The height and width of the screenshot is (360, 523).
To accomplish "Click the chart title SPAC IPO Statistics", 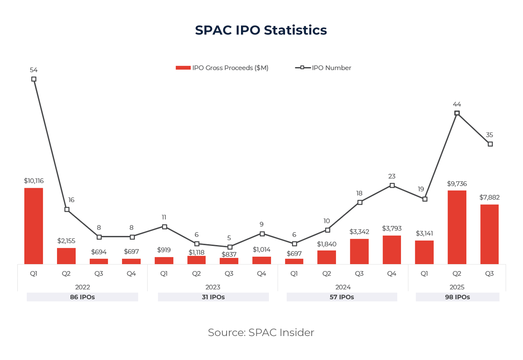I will pos(261,30).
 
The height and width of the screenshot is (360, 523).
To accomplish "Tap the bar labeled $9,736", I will pos(457,227).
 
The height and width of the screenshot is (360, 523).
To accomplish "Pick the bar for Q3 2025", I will pos(489,234).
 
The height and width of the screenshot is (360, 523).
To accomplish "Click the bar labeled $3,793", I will pos(392,250).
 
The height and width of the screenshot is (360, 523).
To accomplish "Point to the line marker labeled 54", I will pos(34,79).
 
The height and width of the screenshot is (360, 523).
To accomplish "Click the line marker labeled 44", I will pos(457,113).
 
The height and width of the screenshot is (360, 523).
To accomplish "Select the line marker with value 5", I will pos(229,247).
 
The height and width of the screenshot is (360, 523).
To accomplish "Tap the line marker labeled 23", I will pos(392,185).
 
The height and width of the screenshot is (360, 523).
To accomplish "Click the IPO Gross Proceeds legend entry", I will pos(222,68).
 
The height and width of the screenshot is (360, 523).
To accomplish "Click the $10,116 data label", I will pos(34,180).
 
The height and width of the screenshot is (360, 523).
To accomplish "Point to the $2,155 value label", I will pos(66,241).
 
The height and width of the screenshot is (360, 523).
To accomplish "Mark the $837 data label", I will pos(229,254).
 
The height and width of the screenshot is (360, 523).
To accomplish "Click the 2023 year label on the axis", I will pos(213,287).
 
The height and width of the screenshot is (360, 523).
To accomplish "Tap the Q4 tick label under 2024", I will pos(392,274).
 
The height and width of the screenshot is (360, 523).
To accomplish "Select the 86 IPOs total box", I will pos(82,297).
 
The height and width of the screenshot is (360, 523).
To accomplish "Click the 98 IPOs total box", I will pos(457,297).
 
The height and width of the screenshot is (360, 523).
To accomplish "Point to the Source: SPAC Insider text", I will pos(261,333).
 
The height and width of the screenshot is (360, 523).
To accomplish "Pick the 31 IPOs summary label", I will pos(213,297).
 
